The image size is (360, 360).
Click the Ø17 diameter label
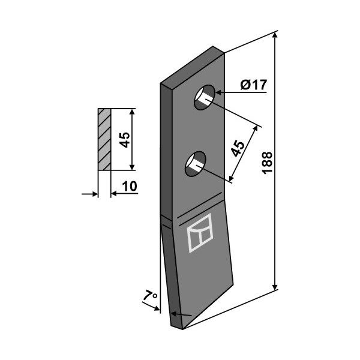pyautogui.click(x=254, y=85)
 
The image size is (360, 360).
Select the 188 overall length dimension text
pyautogui.click(x=267, y=163)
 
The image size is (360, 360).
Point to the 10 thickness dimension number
pyautogui.click(x=130, y=186)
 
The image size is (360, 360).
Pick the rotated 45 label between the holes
pyautogui.click(x=238, y=149)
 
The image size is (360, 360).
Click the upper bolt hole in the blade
pyautogui.click(x=205, y=97)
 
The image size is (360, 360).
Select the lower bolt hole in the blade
pyautogui.click(x=196, y=164)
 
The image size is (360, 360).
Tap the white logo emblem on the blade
pyautogui.click(x=200, y=233)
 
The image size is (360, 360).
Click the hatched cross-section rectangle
pyautogui.click(x=104, y=139)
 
